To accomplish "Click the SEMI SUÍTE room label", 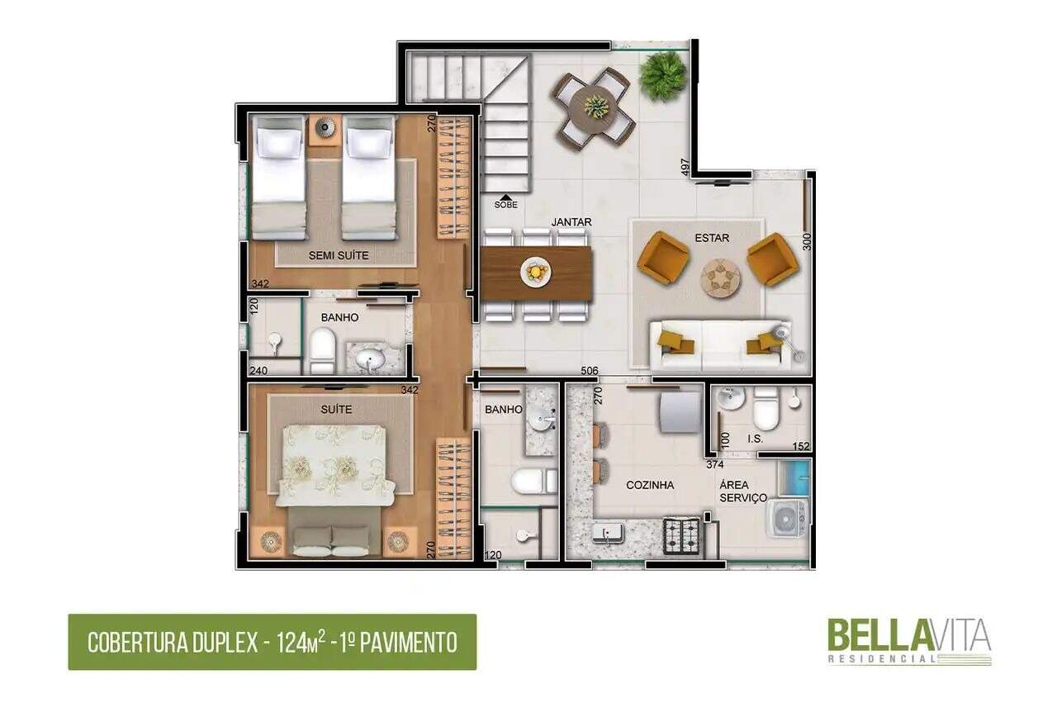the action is click(339, 255).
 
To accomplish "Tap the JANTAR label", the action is click(571, 222).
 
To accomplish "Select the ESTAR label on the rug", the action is click(712, 238).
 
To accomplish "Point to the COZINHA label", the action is click(650, 485).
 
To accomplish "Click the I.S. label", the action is click(755, 439).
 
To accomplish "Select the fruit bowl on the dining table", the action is click(536, 272).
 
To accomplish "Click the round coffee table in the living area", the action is click(720, 278).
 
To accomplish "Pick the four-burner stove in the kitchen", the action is click(682, 536).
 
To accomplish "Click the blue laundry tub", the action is click(794, 477).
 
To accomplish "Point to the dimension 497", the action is click(685, 167).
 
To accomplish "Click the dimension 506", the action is click(590, 371).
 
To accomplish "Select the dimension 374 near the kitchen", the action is click(715, 464).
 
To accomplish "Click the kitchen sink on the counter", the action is click(607, 534).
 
